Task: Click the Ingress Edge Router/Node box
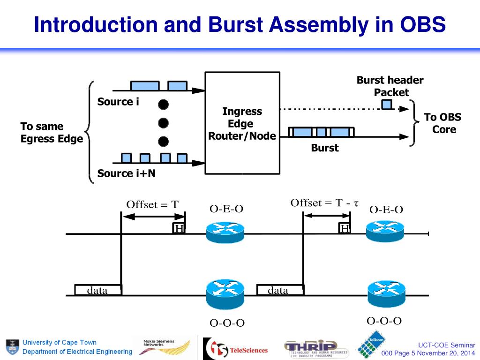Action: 242,123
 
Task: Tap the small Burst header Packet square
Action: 386,104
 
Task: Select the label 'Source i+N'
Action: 126,173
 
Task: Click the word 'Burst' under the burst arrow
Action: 324,148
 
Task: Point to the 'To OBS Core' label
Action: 443,123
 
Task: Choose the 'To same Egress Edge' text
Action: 52,133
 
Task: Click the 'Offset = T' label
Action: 152,204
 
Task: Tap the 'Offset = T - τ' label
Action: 324,203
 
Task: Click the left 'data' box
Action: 98,291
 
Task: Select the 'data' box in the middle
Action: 278,291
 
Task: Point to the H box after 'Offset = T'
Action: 179,228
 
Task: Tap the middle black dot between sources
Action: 163,123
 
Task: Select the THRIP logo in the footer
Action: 316,348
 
